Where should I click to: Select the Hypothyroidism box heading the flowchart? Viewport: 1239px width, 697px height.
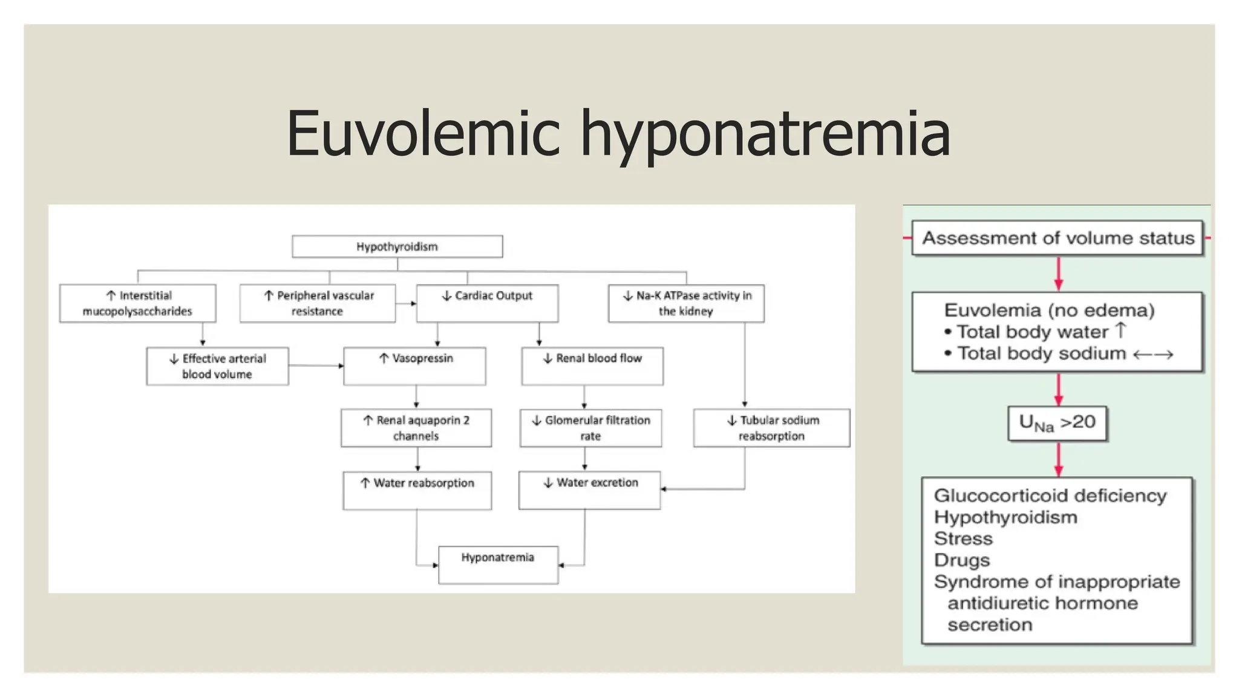[397, 246]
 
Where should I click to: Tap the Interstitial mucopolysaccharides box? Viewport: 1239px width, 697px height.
[137, 303]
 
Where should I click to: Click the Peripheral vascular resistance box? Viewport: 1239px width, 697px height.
[318, 303]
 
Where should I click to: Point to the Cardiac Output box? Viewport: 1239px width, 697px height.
[487, 303]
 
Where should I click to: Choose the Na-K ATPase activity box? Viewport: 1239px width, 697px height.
[686, 303]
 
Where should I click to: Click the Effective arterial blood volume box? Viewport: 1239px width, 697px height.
[217, 366]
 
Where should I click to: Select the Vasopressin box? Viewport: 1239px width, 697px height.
[414, 366]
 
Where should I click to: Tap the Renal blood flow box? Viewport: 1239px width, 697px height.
[592, 366]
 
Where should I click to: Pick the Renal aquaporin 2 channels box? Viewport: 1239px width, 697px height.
[416, 428]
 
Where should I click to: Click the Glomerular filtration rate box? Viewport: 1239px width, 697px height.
[590, 428]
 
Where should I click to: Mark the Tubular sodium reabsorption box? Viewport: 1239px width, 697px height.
[771, 428]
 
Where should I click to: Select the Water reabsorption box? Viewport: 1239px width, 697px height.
[417, 490]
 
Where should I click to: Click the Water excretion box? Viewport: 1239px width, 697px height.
[589, 490]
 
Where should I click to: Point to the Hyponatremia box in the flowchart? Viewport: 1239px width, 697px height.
[498, 564]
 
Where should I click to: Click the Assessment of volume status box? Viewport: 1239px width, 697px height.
[1058, 238]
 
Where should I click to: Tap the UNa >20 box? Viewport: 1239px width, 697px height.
[1057, 423]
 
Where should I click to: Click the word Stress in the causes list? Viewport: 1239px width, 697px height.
[963, 538]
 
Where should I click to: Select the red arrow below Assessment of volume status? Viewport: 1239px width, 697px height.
[1058, 274]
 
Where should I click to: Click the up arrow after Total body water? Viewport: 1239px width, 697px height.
[1120, 330]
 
